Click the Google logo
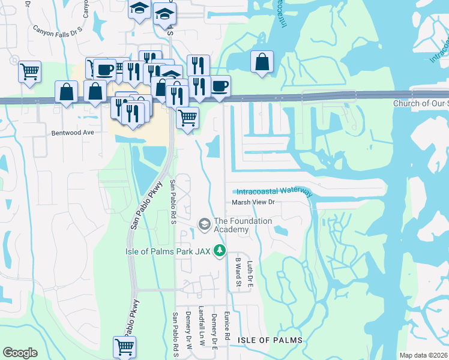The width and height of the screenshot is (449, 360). (20, 353)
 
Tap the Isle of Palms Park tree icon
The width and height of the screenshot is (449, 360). (220, 251)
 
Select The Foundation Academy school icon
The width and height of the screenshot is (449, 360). (204, 224)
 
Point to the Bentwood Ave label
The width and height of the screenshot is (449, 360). (73, 132)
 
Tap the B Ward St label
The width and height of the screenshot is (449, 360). (238, 272)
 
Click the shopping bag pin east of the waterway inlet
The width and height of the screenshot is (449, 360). (262, 62)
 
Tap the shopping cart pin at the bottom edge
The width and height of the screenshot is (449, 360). (124, 346)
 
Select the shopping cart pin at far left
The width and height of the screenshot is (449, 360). (29, 72)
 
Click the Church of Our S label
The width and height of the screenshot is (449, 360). (420, 103)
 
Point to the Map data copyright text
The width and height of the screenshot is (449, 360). (423, 355)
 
